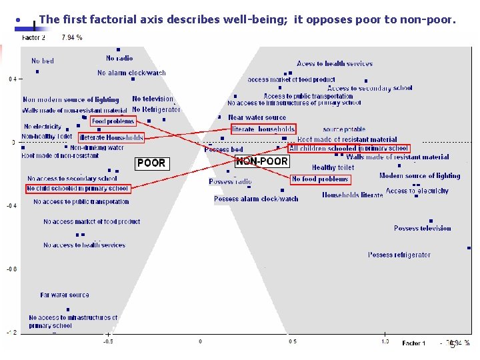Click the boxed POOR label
151,163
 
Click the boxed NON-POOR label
262,161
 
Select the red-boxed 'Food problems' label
113,121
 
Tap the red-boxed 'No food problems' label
320,179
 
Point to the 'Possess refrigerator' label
399,255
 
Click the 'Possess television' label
422,228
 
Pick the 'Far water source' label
65,295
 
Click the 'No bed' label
43,61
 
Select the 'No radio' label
119,59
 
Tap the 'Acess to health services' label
335,64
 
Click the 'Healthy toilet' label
333,168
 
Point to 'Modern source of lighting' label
419,176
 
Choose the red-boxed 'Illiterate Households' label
111,138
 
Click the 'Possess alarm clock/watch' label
256,199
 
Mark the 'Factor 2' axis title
34,38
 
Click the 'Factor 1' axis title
413,343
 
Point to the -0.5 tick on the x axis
108,341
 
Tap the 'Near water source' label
257,118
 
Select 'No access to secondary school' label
72,179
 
